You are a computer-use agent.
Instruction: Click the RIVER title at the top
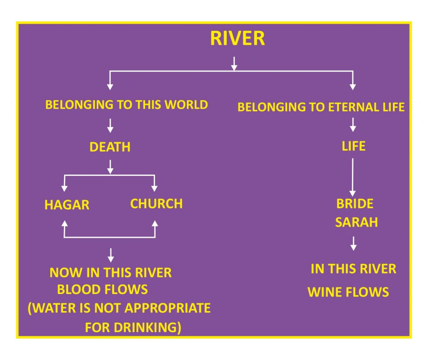click(237, 38)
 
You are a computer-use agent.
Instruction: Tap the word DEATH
click(110, 147)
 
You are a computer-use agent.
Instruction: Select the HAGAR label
click(67, 205)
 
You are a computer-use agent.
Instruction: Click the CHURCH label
click(156, 204)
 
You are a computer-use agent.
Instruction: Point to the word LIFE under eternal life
click(353, 146)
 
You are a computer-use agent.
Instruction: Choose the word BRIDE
click(354, 204)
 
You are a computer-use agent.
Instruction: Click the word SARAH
click(356, 222)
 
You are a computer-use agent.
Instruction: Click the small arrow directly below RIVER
click(234, 63)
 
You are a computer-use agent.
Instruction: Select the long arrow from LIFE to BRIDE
click(353, 175)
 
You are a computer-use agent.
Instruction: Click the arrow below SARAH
click(354, 243)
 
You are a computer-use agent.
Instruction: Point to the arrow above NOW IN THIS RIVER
click(110, 255)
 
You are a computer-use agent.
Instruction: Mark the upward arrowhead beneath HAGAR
click(64, 224)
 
